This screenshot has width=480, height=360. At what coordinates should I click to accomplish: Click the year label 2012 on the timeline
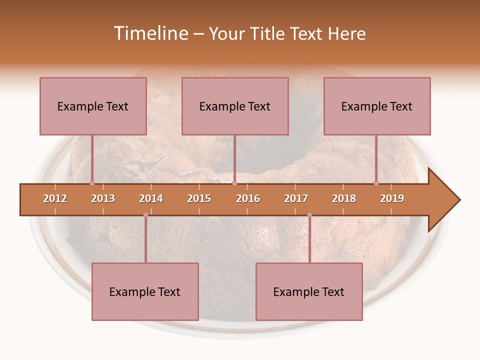pyautogui.click(x=55, y=198)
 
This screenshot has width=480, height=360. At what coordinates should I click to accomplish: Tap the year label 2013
pyautogui.click(x=103, y=198)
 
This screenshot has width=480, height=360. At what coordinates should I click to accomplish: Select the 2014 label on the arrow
pyautogui.click(x=151, y=198)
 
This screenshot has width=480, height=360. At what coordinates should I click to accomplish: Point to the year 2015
pyautogui.click(x=199, y=198)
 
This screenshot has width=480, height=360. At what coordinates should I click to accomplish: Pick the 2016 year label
pyautogui.click(x=248, y=198)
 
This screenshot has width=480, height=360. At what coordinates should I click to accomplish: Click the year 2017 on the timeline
pyautogui.click(x=296, y=198)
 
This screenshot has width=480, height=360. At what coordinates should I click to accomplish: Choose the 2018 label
pyautogui.click(x=344, y=198)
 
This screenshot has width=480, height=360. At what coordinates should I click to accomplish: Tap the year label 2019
pyautogui.click(x=392, y=198)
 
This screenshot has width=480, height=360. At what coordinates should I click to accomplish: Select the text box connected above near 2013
pyautogui.click(x=93, y=106)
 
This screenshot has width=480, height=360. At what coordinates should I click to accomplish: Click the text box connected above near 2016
pyautogui.click(x=235, y=106)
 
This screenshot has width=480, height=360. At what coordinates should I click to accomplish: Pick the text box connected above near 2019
pyautogui.click(x=377, y=106)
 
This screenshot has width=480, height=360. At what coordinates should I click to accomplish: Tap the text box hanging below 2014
pyautogui.click(x=145, y=291)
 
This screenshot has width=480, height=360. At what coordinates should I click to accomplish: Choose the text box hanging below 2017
pyautogui.click(x=309, y=291)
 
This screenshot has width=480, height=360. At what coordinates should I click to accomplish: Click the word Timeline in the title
pyautogui.click(x=150, y=33)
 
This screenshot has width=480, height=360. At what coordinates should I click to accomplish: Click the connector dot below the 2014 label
pyautogui.click(x=145, y=215)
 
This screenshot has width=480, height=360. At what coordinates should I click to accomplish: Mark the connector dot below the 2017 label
pyautogui.click(x=309, y=215)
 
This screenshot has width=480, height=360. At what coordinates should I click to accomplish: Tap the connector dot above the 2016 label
pyautogui.click(x=234, y=183)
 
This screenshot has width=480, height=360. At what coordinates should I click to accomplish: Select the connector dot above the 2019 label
pyautogui.click(x=376, y=183)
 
